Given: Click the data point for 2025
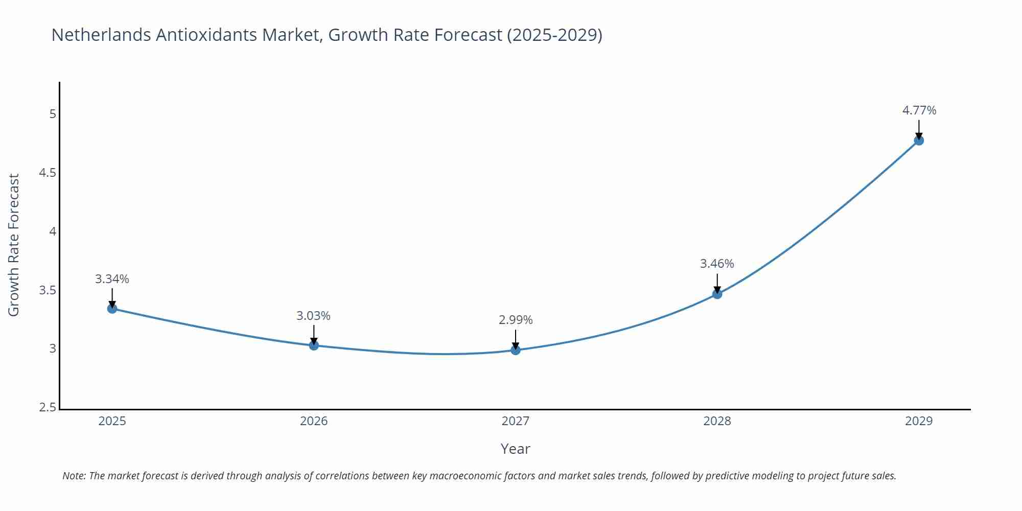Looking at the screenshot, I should point(112,309).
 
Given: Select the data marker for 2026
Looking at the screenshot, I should point(314,345).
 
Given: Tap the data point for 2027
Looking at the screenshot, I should point(515,350).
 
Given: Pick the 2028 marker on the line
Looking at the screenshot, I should point(717,294).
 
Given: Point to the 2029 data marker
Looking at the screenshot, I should point(918,141).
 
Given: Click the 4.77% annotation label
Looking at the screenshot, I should point(919,110).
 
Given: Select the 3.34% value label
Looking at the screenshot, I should point(112,279).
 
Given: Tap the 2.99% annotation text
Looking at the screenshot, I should point(515,320).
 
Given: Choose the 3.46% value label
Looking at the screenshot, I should point(717,264).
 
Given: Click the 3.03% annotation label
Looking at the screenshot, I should point(313,316).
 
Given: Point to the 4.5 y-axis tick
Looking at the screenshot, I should point(48,173).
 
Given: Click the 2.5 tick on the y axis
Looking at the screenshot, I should point(48,407).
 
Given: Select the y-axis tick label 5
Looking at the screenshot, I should point(53,114).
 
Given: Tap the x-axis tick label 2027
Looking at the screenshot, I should point(515,421).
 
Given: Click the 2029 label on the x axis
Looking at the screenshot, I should point(918,421).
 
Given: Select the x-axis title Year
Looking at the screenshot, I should point(515,449).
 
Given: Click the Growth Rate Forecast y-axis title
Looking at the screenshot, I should point(14,245).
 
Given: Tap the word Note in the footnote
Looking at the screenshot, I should point(74,476).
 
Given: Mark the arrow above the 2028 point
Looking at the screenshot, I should point(717,283).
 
